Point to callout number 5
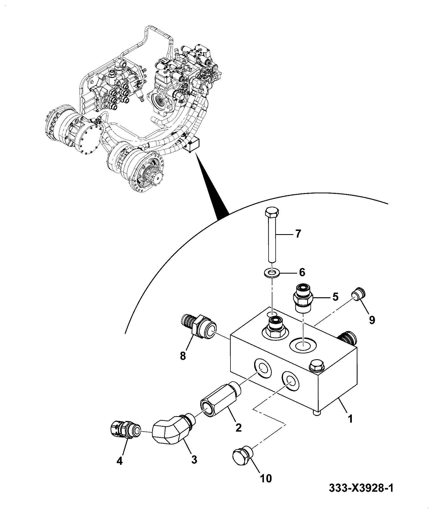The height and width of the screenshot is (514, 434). [335, 296]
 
